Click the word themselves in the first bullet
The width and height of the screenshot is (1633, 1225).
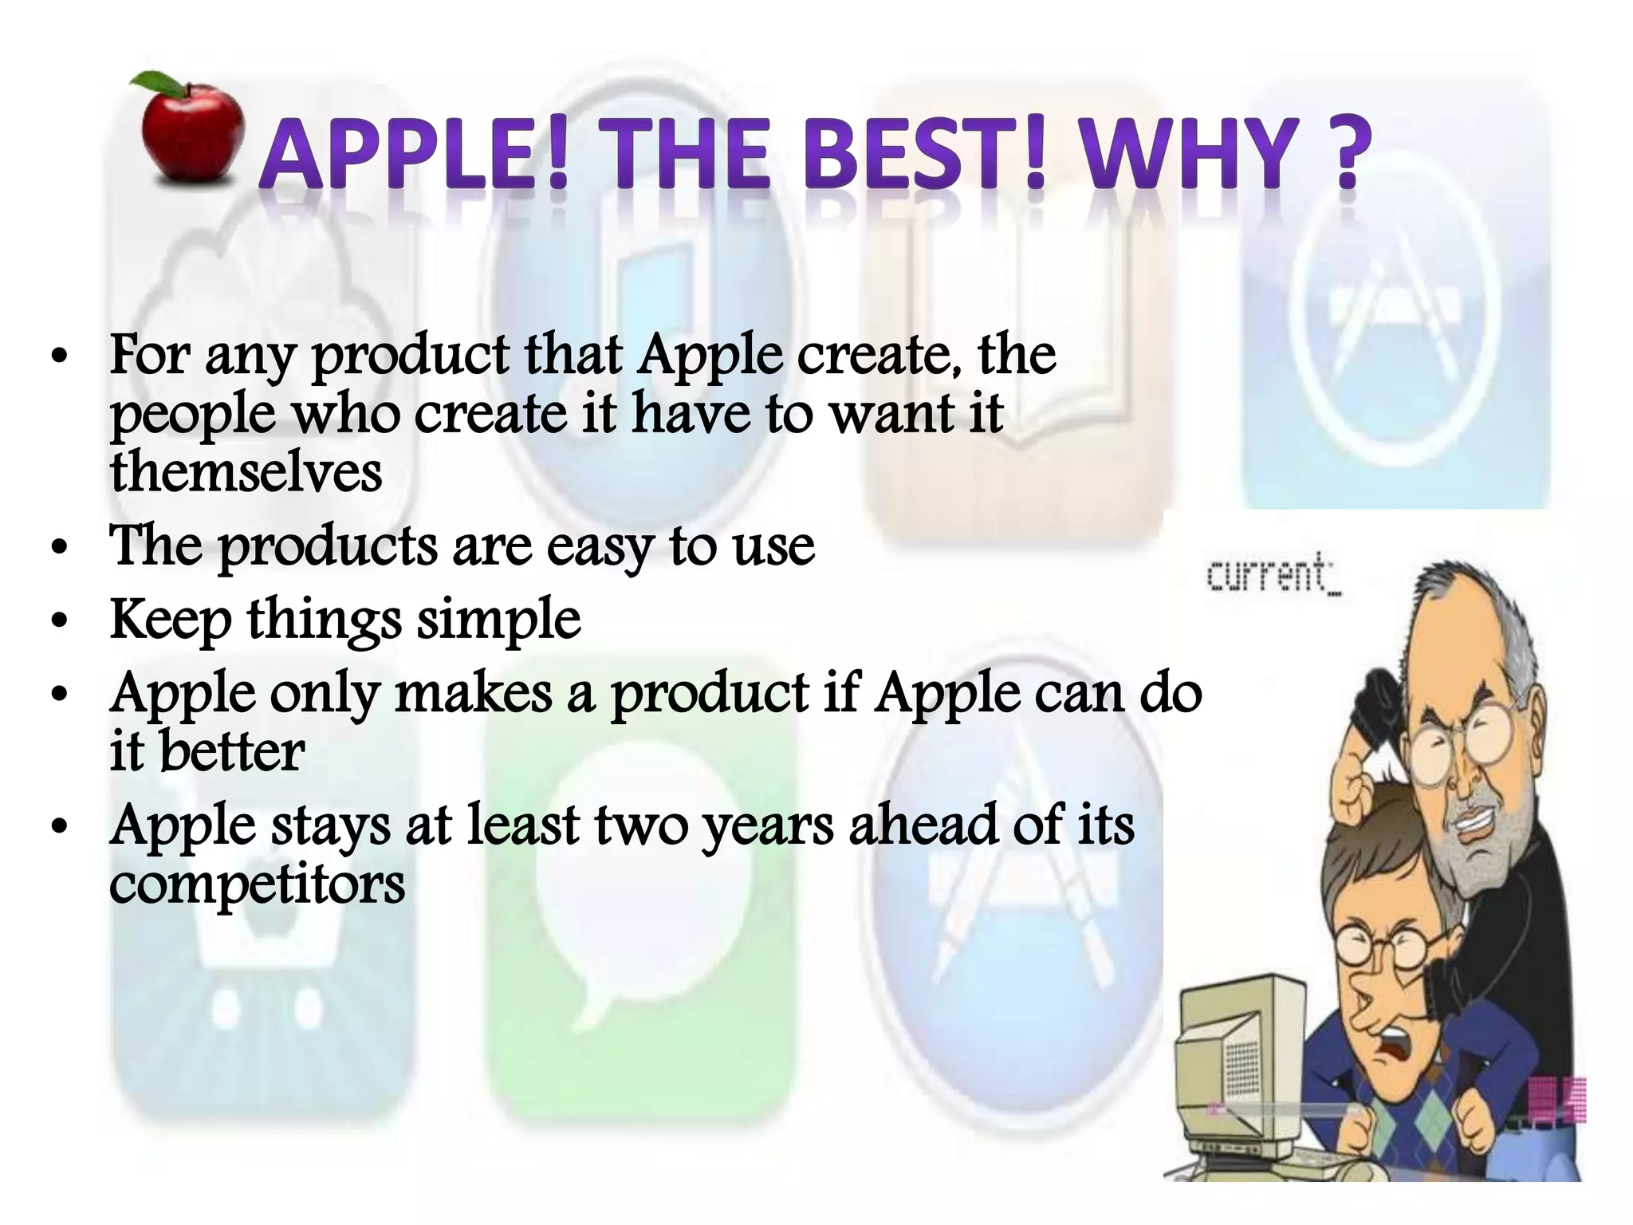[x=246, y=471]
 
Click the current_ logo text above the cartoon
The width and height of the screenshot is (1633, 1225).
[x=1273, y=574]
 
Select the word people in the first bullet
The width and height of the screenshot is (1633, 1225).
[x=191, y=416]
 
